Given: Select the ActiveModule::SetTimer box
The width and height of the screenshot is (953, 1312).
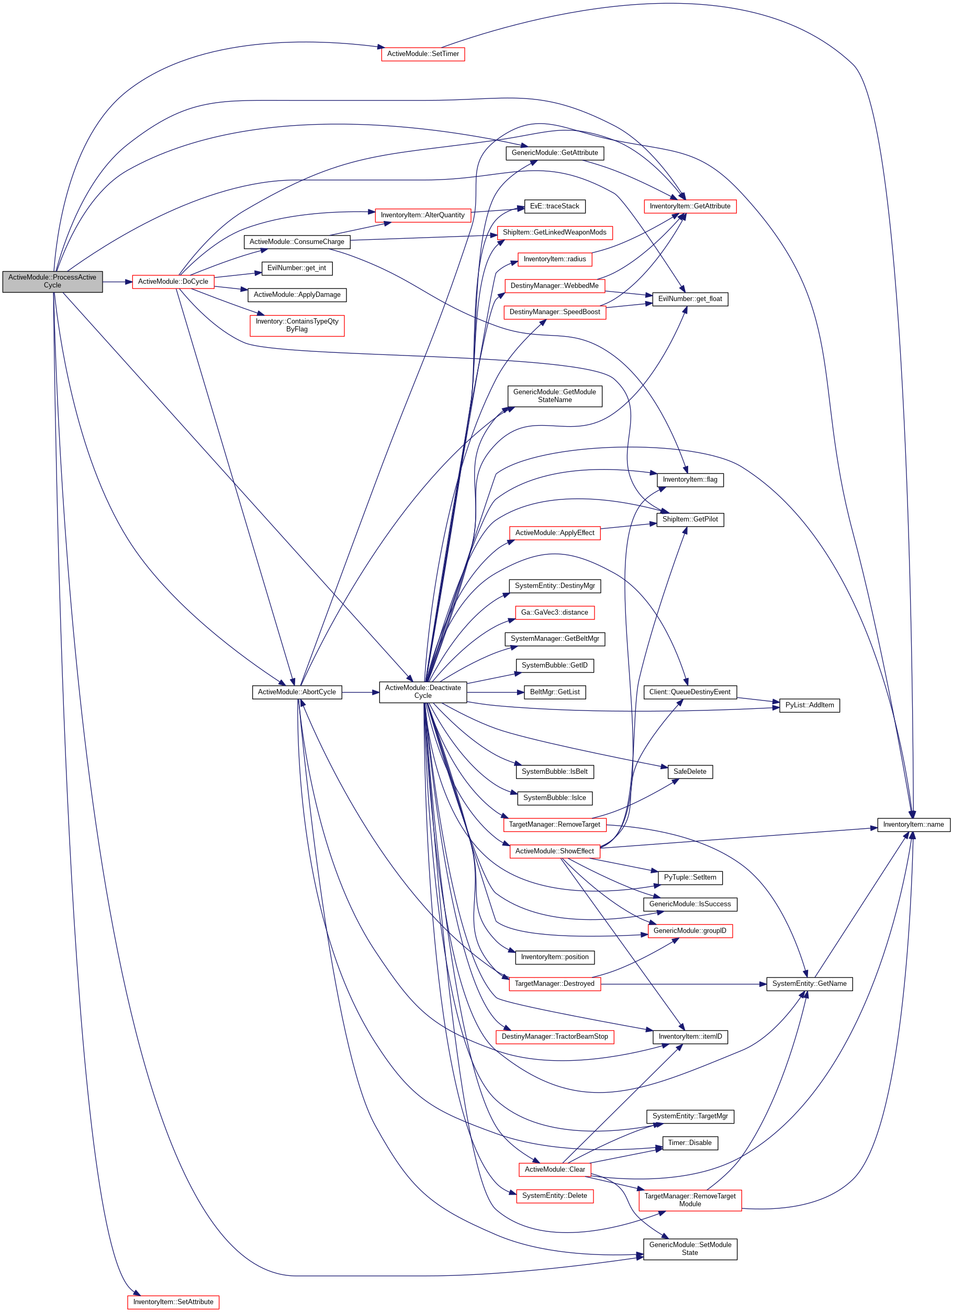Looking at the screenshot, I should [423, 54].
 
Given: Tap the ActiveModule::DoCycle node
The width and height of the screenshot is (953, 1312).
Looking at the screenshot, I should [173, 282].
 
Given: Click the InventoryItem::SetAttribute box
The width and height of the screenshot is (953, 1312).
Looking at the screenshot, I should [173, 1302].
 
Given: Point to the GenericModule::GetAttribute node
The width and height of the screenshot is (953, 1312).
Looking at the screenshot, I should [555, 153].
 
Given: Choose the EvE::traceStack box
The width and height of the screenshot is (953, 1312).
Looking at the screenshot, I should [555, 206].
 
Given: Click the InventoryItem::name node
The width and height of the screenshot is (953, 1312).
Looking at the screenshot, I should [913, 825].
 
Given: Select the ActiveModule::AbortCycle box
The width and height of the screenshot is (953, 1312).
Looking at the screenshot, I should [297, 692].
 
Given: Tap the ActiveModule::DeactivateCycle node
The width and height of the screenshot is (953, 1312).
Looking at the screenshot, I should [423, 692].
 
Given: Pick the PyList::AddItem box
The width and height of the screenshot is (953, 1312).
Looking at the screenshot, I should [809, 705].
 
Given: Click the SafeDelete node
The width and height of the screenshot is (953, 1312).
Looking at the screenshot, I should [690, 772].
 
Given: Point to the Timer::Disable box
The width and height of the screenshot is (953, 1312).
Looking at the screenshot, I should [690, 1142].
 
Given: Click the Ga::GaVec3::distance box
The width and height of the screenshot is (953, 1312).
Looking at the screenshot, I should [555, 612].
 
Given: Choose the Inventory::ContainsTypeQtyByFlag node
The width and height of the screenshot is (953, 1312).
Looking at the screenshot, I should [297, 325].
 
